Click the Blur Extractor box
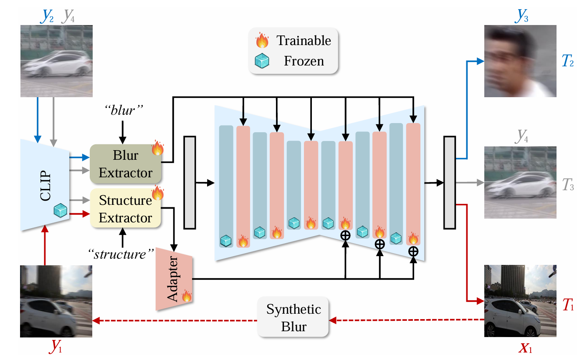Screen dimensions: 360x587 pyautogui.click(x=126, y=164)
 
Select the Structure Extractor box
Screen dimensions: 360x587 pyautogui.click(x=126, y=209)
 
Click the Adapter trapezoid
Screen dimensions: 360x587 pyautogui.click(x=174, y=279)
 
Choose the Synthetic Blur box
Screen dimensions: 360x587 pyautogui.click(x=293, y=318)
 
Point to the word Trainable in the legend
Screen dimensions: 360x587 pyautogui.click(x=304, y=40)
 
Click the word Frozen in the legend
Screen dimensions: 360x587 pyautogui.click(x=304, y=61)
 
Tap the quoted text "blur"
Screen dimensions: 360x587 pyautogui.click(x=123, y=110)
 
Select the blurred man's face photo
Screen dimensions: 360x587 pyautogui.click(x=520, y=61)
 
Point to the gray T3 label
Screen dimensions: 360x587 pyautogui.click(x=568, y=184)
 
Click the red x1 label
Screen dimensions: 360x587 pyautogui.click(x=525, y=347)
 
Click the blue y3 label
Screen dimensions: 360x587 pyautogui.click(x=522, y=15)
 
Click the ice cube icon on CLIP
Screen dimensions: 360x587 pyautogui.click(x=61, y=210)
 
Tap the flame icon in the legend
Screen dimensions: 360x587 pyautogui.click(x=262, y=40)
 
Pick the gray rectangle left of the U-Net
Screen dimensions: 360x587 pyautogui.click(x=190, y=182)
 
